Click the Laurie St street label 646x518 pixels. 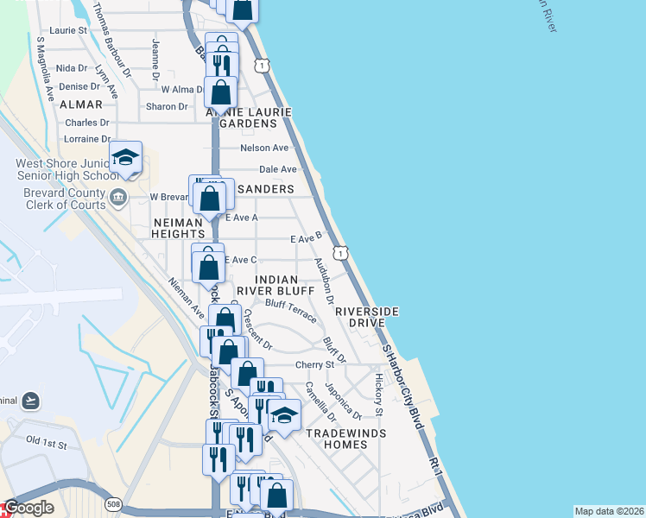69,29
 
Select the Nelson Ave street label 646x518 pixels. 264,148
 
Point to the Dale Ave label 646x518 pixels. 277,169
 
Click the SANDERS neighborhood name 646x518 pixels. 266,189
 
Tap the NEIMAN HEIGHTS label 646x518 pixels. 180,228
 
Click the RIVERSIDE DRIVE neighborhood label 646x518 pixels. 367,316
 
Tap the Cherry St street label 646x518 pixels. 314,365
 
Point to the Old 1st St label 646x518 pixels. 46,441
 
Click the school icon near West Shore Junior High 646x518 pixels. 126,157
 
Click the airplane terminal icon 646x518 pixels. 31,400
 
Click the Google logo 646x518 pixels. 29,509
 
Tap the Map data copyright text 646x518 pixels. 609,511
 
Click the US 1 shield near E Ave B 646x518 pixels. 342,253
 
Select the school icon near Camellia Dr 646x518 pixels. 283,415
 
